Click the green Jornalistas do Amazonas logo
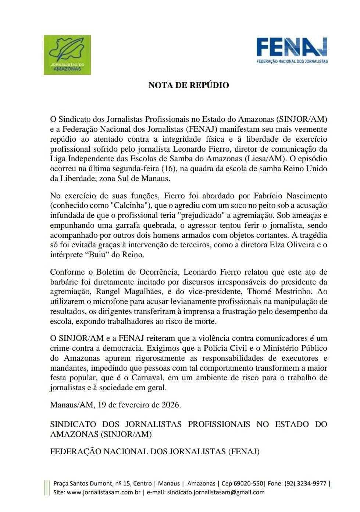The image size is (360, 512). [67, 55]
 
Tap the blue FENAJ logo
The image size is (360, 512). [292, 50]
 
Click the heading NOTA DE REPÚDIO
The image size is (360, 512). [189, 85]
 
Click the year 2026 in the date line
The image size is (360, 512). [171, 405]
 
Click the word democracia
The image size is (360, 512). [122, 348]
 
